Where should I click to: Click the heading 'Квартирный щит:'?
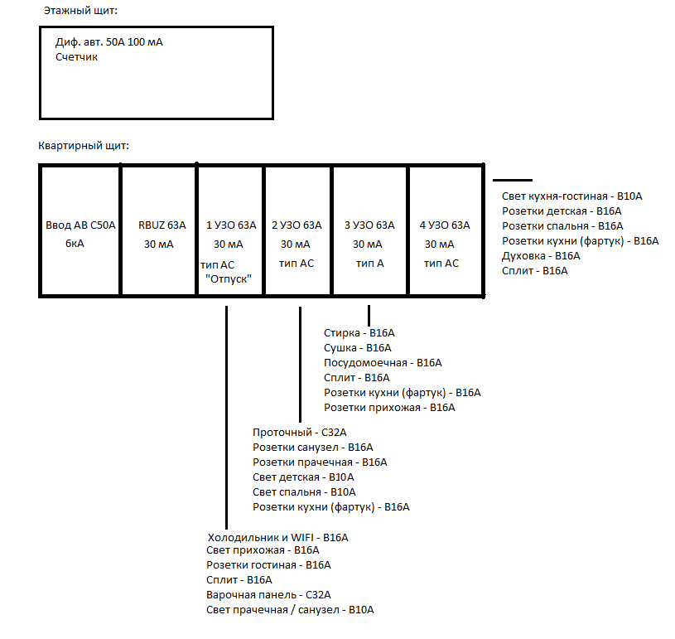83,146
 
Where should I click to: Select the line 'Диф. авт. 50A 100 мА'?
108,42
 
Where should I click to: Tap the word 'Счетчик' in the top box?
77,57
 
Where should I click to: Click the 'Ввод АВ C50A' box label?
80,225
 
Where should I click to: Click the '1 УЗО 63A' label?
230,225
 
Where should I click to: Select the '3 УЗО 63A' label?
369,225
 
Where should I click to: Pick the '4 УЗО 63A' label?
445,225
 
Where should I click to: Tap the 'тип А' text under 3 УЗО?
369,263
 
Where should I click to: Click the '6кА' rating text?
75,244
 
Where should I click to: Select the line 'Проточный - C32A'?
299,433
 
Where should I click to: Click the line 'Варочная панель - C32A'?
268,594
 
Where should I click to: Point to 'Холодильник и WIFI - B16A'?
277,537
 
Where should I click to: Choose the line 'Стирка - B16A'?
359,333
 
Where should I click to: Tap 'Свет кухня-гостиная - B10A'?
572,196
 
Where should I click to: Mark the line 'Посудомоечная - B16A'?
383,363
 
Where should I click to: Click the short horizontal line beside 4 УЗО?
513,180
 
